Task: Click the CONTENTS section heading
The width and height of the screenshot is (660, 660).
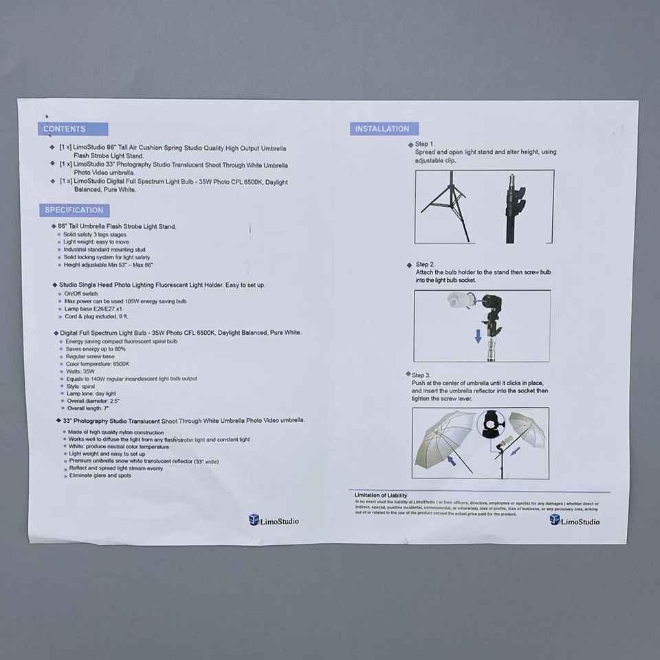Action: (x=65, y=129)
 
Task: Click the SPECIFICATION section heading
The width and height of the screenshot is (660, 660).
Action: (x=74, y=210)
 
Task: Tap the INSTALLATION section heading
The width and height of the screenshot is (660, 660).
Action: (x=382, y=129)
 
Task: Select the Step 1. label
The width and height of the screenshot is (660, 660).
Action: (x=425, y=144)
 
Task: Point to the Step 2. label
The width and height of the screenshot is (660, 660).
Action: (x=425, y=264)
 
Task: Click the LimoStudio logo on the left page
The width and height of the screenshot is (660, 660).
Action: (x=274, y=520)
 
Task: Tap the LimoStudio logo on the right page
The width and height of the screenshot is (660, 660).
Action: (x=574, y=520)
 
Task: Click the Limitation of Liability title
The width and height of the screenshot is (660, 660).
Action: (x=381, y=495)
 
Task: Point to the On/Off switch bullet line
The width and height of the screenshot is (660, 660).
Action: (x=80, y=294)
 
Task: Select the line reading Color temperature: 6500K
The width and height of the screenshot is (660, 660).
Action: (x=98, y=364)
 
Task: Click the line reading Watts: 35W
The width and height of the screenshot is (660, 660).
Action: (x=80, y=371)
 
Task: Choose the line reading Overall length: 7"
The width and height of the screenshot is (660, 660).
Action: (x=88, y=408)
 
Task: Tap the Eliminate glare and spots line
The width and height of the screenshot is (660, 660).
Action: (x=100, y=475)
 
